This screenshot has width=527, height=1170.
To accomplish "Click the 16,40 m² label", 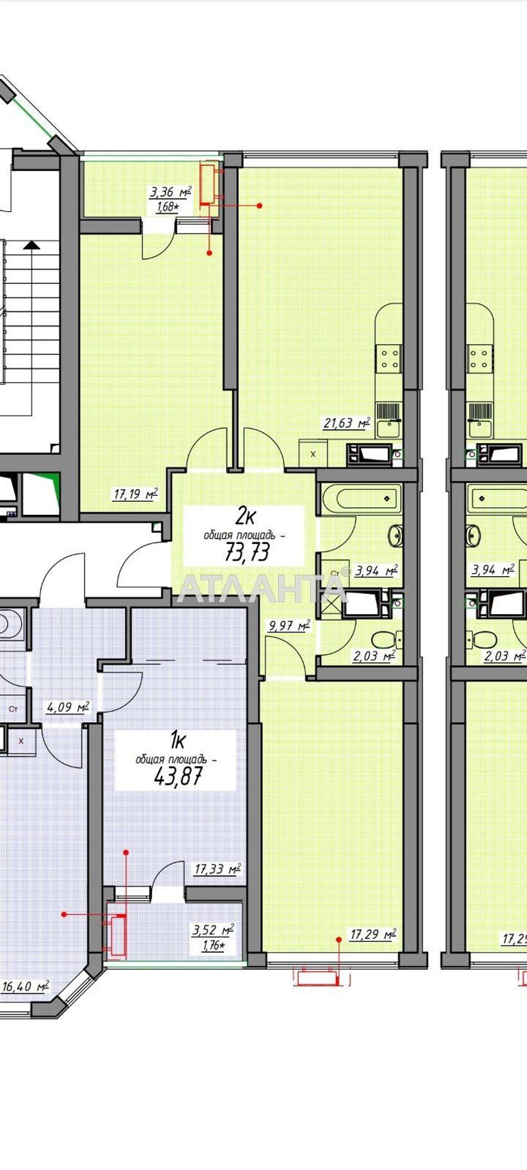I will tap(26, 986).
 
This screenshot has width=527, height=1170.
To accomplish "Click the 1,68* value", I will tap(167, 207).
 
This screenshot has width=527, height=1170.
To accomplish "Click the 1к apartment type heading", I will tap(176, 741).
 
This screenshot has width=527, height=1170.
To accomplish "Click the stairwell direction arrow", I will tap(30, 246).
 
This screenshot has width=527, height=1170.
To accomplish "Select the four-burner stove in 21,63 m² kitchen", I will tap(389, 359).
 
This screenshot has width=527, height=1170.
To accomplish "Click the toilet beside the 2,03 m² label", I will tap(383, 639).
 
